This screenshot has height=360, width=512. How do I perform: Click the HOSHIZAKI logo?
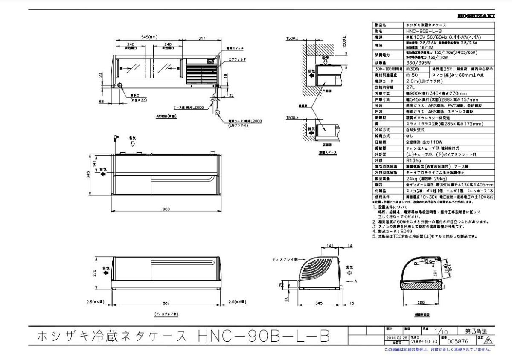pyautogui.click(x=476, y=16)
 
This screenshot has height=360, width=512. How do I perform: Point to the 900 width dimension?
pyautogui.click(x=166, y=209)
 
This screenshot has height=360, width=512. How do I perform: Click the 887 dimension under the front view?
pyautogui.click(x=166, y=302)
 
